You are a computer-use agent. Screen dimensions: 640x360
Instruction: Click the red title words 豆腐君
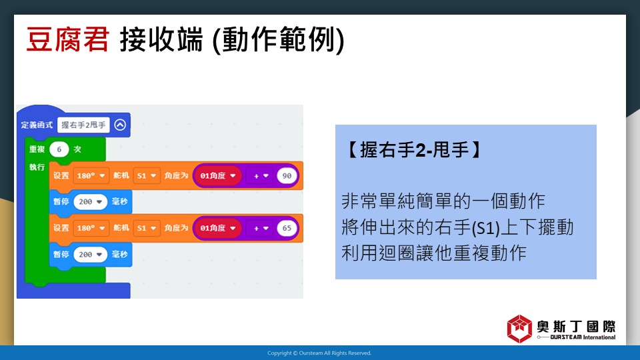coord(68,39)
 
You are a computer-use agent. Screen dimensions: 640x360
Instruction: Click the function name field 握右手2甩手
coord(83,125)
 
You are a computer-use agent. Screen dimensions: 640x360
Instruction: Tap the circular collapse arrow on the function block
coord(120,125)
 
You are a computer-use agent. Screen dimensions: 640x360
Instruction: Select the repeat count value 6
coord(59,149)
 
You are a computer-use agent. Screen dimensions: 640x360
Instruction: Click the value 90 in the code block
coord(287,175)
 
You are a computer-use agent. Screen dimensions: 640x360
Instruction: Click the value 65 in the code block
coord(287,228)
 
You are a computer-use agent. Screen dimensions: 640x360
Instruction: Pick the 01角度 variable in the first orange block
coord(217,176)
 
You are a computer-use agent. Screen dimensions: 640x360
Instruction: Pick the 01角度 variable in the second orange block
coord(217,228)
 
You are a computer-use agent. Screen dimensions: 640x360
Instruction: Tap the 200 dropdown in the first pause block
coord(90,201)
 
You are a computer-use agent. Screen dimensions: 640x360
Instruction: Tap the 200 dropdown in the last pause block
coord(90,254)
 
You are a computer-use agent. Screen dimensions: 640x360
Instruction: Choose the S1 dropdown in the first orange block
coord(147,176)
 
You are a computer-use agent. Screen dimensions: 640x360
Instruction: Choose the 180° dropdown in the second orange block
coord(91,228)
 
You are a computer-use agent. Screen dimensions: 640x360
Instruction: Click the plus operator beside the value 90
coord(261,176)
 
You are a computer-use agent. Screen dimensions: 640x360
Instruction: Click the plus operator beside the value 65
coord(261,228)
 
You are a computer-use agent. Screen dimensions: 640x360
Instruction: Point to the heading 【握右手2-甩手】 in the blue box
coord(413,150)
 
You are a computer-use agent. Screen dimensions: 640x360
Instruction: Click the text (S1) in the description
coord(485,228)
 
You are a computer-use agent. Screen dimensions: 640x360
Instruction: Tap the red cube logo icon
coord(519,329)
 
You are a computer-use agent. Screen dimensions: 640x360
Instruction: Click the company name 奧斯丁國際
coord(576,327)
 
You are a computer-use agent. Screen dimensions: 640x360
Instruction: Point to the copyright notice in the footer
coord(319,353)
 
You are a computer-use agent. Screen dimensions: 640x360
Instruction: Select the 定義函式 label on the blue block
coord(37,125)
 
